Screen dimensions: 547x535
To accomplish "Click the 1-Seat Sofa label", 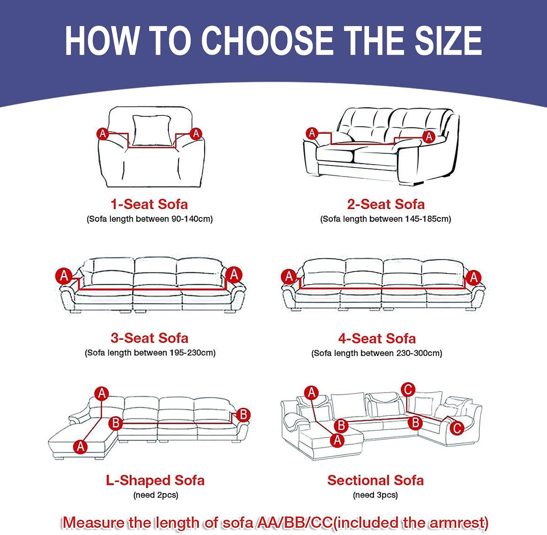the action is (x=150, y=204).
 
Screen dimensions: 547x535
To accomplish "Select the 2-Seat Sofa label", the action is (x=386, y=204).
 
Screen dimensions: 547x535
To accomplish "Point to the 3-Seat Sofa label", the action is (x=150, y=338).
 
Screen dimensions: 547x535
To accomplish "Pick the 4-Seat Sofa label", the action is (x=377, y=339).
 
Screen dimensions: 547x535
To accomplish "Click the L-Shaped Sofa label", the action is (x=155, y=480).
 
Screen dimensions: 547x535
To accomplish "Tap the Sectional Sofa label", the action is (x=376, y=480).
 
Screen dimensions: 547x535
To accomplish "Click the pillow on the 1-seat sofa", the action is (x=151, y=131).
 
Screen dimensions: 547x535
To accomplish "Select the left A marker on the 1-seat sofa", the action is (x=103, y=134).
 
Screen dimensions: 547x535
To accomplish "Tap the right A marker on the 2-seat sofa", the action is (x=429, y=137).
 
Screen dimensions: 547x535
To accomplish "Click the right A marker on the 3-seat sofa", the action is (x=234, y=275).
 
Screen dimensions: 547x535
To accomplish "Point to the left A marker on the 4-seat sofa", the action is (x=289, y=277).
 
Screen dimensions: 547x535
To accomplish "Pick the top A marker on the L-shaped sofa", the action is (x=102, y=394).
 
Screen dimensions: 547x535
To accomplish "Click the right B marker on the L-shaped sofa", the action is (x=243, y=415).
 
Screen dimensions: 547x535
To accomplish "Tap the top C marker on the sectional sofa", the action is (x=408, y=390).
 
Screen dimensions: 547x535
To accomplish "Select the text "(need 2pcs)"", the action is (x=156, y=495).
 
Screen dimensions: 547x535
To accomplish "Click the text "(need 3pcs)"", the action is (x=375, y=495).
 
